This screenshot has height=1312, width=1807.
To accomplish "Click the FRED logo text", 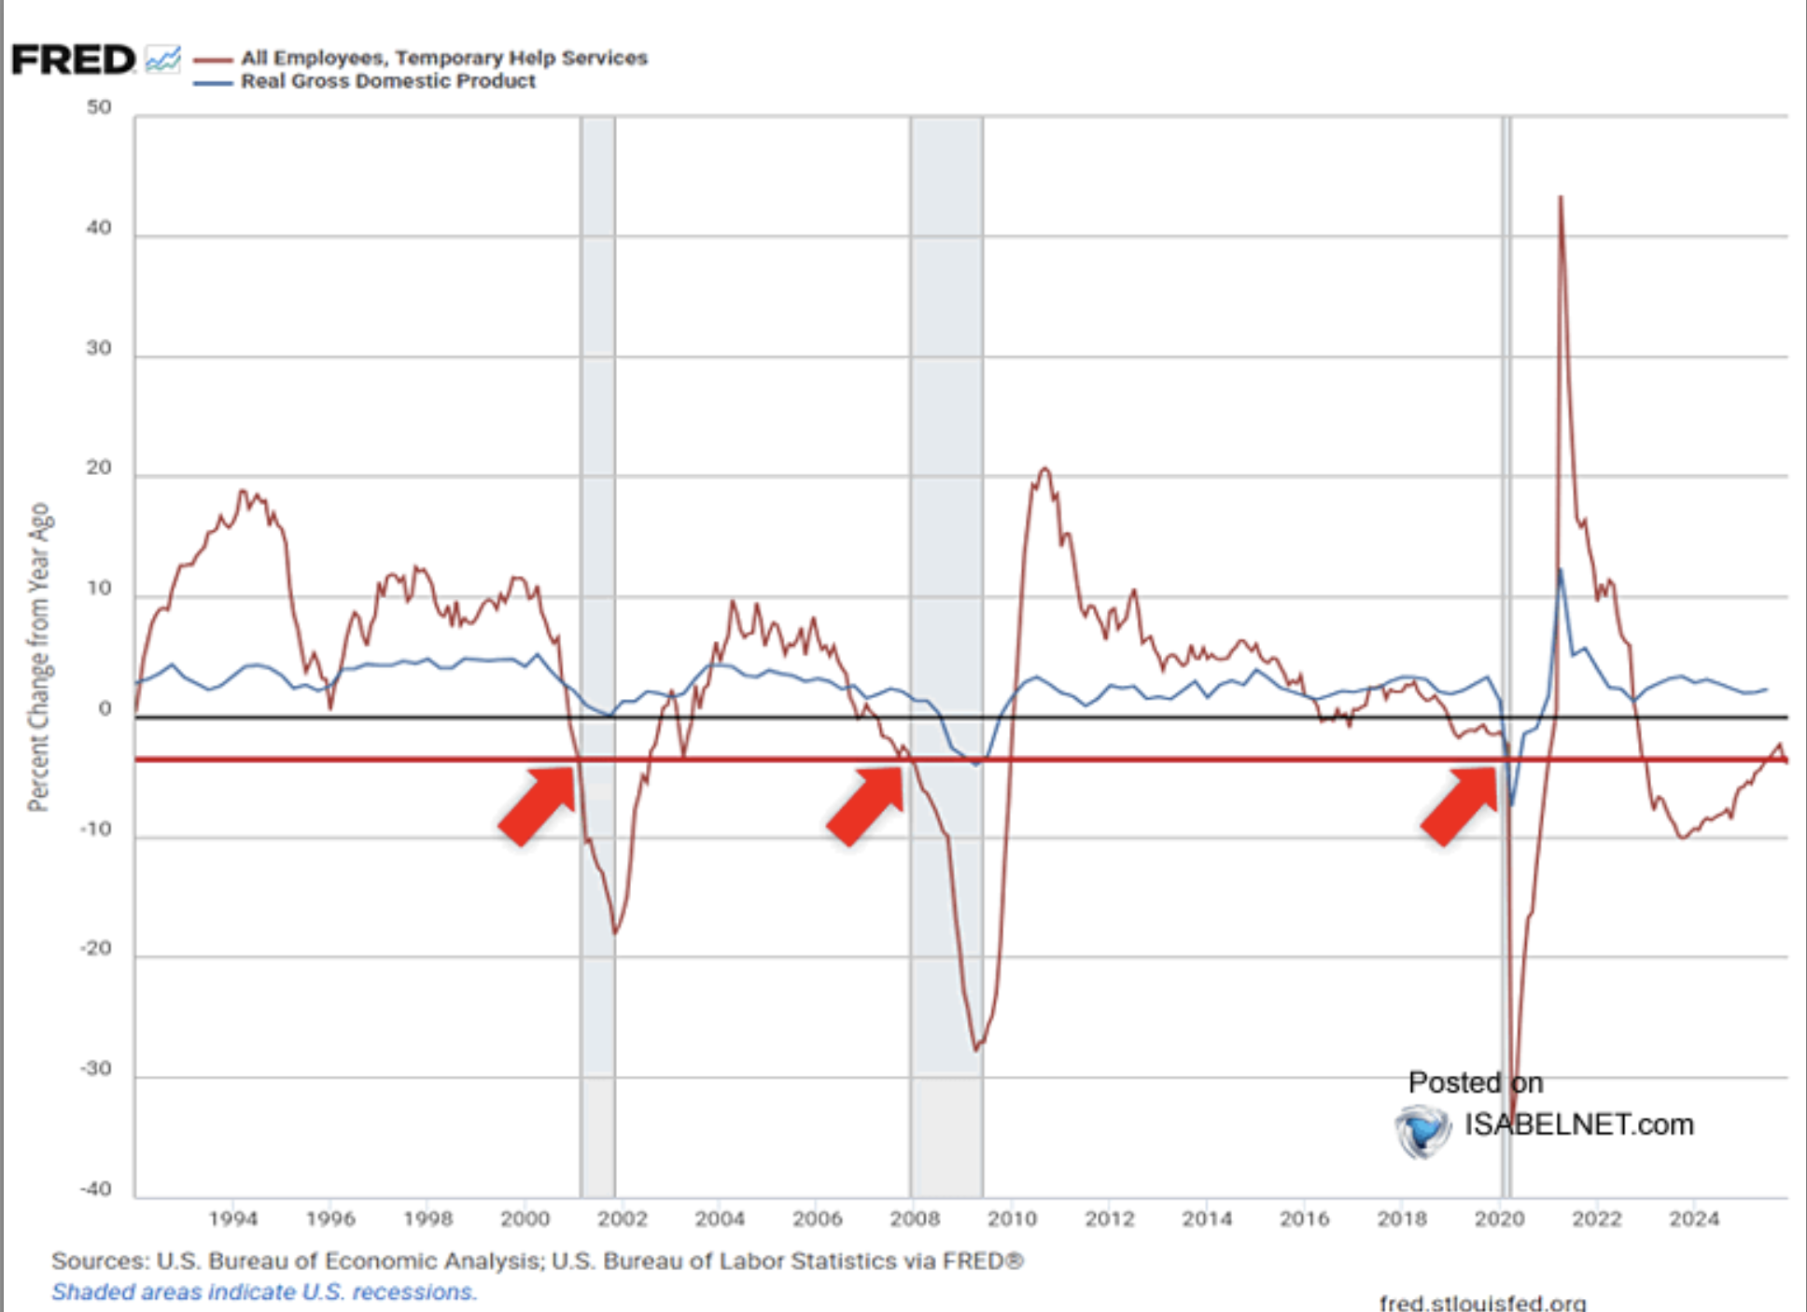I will click(x=73, y=61).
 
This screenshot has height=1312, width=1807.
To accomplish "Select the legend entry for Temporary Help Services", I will click(x=443, y=58).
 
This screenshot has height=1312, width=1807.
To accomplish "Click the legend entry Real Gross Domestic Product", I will click(x=387, y=81).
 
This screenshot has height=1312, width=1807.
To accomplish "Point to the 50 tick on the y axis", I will click(x=99, y=107).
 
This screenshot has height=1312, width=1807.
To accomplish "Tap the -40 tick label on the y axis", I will click(x=95, y=1189).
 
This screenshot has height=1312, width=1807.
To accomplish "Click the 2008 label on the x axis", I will click(x=915, y=1219).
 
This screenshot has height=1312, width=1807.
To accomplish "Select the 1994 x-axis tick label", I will click(x=232, y=1219).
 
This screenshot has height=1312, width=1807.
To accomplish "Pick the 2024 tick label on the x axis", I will click(x=1693, y=1219).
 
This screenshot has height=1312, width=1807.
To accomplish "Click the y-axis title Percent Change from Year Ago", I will click(x=38, y=657).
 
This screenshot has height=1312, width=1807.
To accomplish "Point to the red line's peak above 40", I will click(x=1560, y=198).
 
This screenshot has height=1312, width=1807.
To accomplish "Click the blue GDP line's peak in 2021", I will click(x=1561, y=570).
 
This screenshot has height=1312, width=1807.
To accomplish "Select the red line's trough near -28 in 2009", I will click(x=976, y=1050).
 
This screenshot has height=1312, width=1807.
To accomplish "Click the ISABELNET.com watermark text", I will click(x=1578, y=1124).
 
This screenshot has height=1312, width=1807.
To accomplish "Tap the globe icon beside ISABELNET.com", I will click(x=1422, y=1130).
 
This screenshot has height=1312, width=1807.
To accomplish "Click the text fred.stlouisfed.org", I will click(x=1482, y=1302).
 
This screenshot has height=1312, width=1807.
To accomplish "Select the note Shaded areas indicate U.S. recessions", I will click(x=264, y=1291).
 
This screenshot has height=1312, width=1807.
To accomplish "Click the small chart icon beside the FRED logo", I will click(x=163, y=60).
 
